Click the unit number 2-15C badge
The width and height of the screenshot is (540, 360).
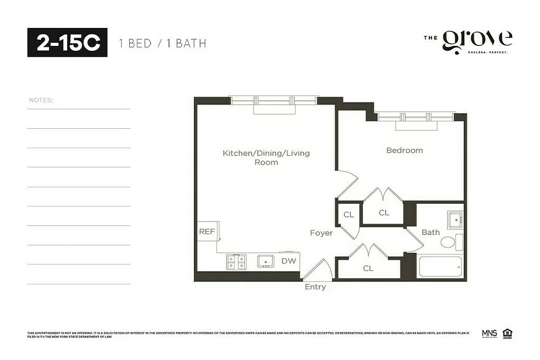click(67, 42)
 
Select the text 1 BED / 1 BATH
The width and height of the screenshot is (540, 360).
click(162, 44)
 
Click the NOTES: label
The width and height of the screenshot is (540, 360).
click(41, 100)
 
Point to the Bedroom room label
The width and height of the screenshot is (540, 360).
click(405, 150)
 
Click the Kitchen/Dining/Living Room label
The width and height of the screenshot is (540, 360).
click(266, 157)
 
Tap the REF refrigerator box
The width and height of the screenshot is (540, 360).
click(207, 232)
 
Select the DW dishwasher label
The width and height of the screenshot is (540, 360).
click(288, 261)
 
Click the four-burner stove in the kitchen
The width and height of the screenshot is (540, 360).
click(237, 262)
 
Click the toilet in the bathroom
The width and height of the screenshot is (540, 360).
click(448, 243)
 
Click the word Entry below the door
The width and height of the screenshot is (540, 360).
click(315, 287)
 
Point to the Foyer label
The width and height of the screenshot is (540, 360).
click(321, 233)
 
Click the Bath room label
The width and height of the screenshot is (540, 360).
click(430, 232)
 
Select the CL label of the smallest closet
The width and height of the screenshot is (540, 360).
click(348, 215)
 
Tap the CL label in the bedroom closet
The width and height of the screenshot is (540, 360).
click(384, 212)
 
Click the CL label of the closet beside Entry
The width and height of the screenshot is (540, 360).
click(368, 268)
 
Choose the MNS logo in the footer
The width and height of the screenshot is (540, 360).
click(489, 333)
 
